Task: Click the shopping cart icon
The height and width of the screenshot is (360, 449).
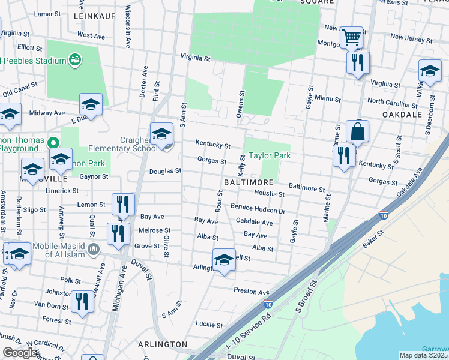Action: [x=351, y=38]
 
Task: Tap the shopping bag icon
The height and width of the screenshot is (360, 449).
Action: [x=357, y=132]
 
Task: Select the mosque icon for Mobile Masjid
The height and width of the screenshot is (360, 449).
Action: [x=93, y=248]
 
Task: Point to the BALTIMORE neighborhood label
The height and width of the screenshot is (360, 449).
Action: [x=249, y=181]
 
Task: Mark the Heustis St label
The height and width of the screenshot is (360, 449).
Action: [x=269, y=194]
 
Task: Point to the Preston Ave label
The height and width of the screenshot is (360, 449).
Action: [x=252, y=292]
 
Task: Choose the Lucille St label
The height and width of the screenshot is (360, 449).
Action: [x=209, y=324]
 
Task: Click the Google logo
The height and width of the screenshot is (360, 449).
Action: [x=20, y=353]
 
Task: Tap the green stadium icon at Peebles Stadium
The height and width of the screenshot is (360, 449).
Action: [x=75, y=60]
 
